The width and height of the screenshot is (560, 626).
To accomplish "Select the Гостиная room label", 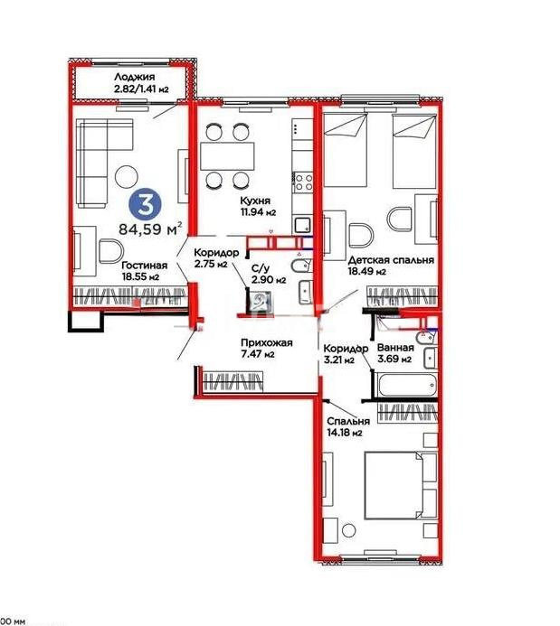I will coord(142,266).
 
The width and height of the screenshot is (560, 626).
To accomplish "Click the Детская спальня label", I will coord(391,259).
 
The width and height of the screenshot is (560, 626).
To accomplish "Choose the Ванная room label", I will coord(395,348).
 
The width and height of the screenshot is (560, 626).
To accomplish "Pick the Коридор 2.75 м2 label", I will coord(216,254).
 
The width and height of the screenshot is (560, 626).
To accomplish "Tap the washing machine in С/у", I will coord(263,301).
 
